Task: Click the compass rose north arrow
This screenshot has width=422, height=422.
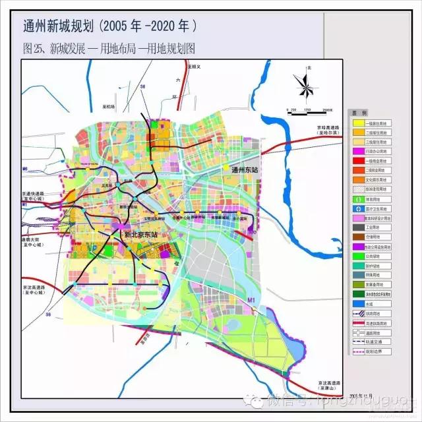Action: point(303,85)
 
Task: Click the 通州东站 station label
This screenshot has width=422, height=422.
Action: point(247,169)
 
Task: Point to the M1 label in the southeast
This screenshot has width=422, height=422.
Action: point(251,301)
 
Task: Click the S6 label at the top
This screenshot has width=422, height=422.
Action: point(142,87)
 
